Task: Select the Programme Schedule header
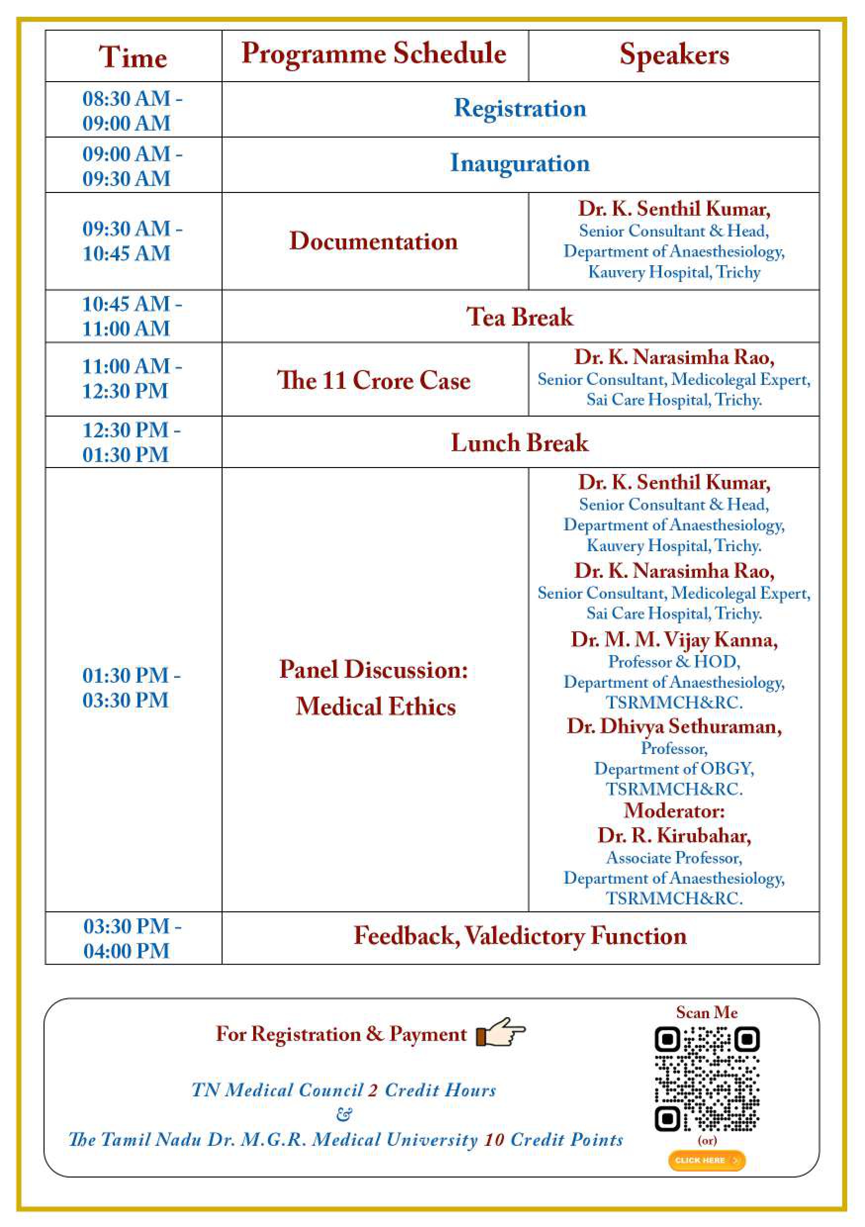373,54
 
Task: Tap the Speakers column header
674,54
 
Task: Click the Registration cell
520,108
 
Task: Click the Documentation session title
373,241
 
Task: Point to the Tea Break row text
520,317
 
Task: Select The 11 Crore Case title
373,380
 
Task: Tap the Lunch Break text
520,442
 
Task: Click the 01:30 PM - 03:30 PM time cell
132,688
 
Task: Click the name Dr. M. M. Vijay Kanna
674,640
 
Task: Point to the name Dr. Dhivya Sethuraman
674,726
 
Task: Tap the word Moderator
674,811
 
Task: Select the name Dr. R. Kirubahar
674,835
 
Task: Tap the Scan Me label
706,1012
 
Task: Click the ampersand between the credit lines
345,1115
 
